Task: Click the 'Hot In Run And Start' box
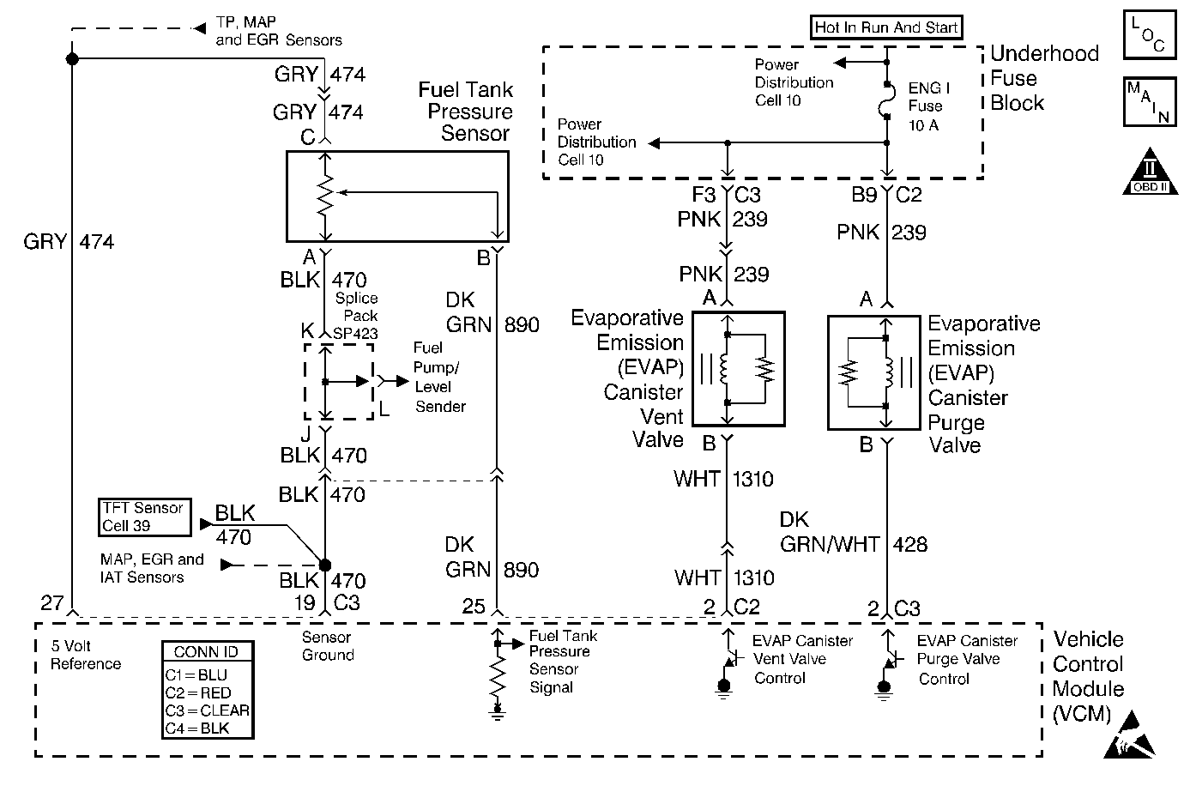click(886, 27)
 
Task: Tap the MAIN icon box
click(1148, 101)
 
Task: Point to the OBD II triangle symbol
click(1149, 173)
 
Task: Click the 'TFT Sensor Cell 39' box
click(143, 517)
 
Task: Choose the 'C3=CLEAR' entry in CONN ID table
click(207, 710)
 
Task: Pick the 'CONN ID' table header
click(206, 652)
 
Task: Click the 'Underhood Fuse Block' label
click(1043, 78)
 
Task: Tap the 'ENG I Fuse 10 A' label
click(927, 106)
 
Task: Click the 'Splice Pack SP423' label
click(355, 315)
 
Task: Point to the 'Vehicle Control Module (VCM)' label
click(1088, 676)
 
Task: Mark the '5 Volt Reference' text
click(85, 655)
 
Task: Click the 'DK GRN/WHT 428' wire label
click(853, 532)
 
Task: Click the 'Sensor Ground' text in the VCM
click(327, 646)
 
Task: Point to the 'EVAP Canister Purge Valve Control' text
click(966, 660)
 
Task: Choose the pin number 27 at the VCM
click(51, 603)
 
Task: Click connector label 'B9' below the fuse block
click(863, 196)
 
